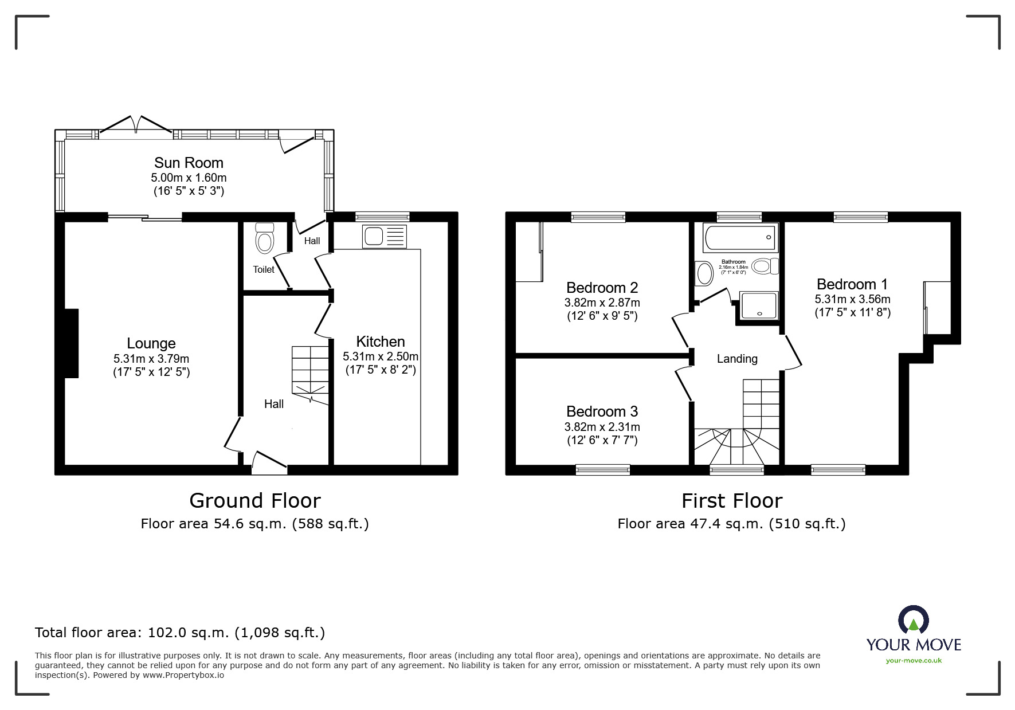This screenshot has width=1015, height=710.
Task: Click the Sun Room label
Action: tap(189, 163)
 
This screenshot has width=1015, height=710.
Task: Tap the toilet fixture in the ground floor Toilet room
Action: tap(264, 238)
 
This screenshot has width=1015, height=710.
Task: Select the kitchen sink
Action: tap(384, 237)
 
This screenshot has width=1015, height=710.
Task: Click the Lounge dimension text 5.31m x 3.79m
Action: tap(151, 359)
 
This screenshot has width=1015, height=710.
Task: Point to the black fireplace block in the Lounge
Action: tap(71, 343)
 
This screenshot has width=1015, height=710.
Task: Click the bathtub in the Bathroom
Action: tap(740, 237)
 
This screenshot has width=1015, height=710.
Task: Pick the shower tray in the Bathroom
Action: tap(759, 305)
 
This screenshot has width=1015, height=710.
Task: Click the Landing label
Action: tap(737, 359)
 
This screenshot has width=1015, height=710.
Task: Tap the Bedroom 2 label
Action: tap(602, 287)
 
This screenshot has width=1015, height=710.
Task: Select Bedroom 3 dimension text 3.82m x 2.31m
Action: tap(602, 427)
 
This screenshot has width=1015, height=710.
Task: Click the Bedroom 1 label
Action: tap(852, 284)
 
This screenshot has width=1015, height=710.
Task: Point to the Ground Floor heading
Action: tap(255, 501)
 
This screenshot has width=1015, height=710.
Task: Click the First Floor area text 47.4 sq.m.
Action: tap(731, 523)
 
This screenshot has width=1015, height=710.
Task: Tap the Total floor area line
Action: tap(180, 633)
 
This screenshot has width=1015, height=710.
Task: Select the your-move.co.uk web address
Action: tap(914, 661)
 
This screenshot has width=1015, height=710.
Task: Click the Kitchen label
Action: tap(381, 342)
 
